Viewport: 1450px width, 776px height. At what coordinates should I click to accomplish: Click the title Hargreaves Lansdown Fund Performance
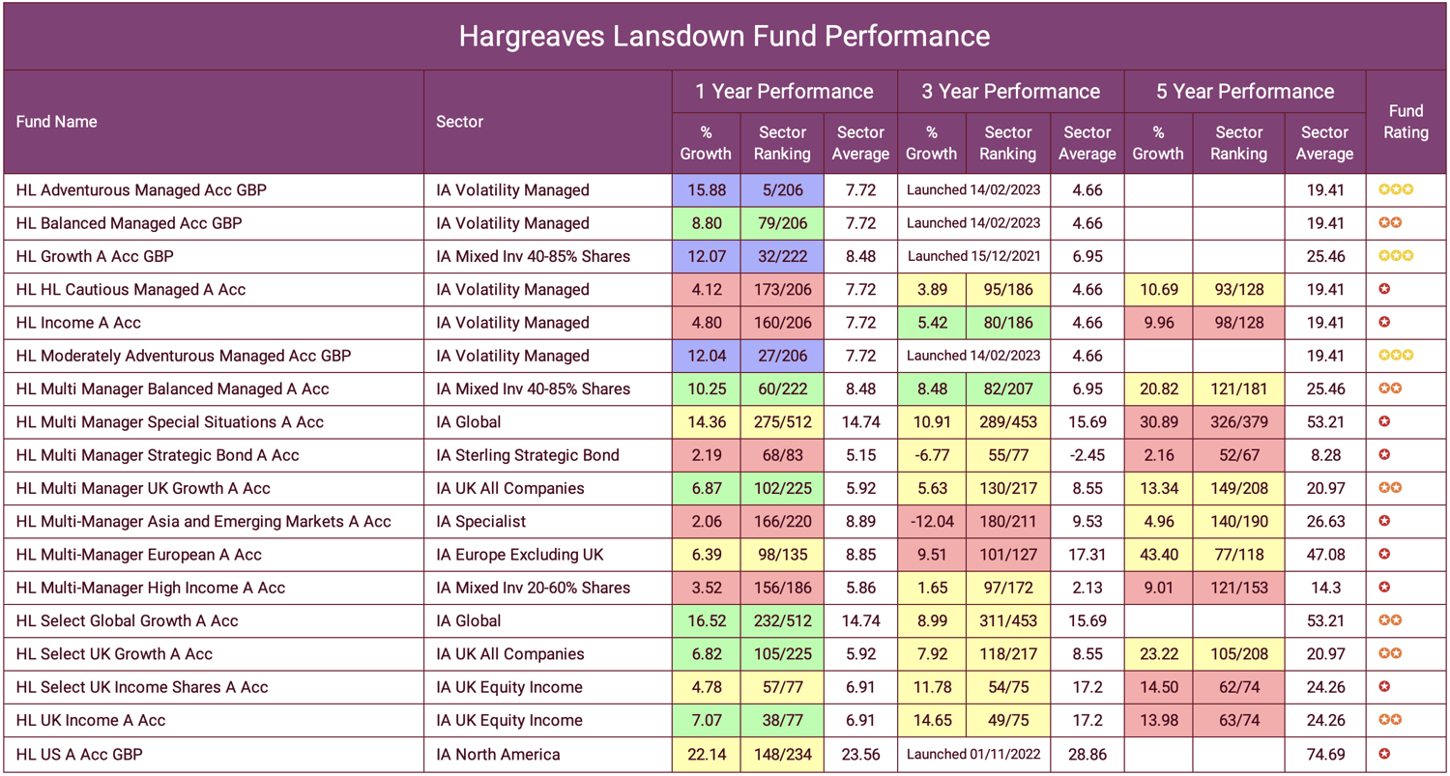[x=724, y=36]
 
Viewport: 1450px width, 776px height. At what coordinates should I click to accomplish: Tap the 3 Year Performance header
[x=1010, y=92]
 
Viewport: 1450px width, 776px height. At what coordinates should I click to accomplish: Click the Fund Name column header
[x=56, y=122]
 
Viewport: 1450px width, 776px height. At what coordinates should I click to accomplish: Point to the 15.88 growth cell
[x=706, y=190]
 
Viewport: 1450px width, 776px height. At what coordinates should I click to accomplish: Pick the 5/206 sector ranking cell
[x=781, y=190]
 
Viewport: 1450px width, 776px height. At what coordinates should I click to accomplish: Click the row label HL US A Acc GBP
[x=79, y=754]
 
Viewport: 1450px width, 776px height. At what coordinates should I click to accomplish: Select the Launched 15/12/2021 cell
[x=973, y=256]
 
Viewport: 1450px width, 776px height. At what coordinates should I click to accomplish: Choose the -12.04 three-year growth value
[x=932, y=522]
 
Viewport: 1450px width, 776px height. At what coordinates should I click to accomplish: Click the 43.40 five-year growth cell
[x=1158, y=555]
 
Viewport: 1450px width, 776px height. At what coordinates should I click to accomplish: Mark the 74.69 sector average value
[x=1323, y=754]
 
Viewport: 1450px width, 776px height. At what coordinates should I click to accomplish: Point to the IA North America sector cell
[x=498, y=754]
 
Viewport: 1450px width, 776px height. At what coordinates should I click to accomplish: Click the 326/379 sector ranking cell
[x=1238, y=422]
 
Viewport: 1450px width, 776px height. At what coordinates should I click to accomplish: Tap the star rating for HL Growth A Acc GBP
[x=1395, y=256]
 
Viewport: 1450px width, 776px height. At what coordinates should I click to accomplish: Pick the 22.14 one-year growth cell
[x=706, y=754]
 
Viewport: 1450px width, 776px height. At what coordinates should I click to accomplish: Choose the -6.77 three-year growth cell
[x=932, y=455]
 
